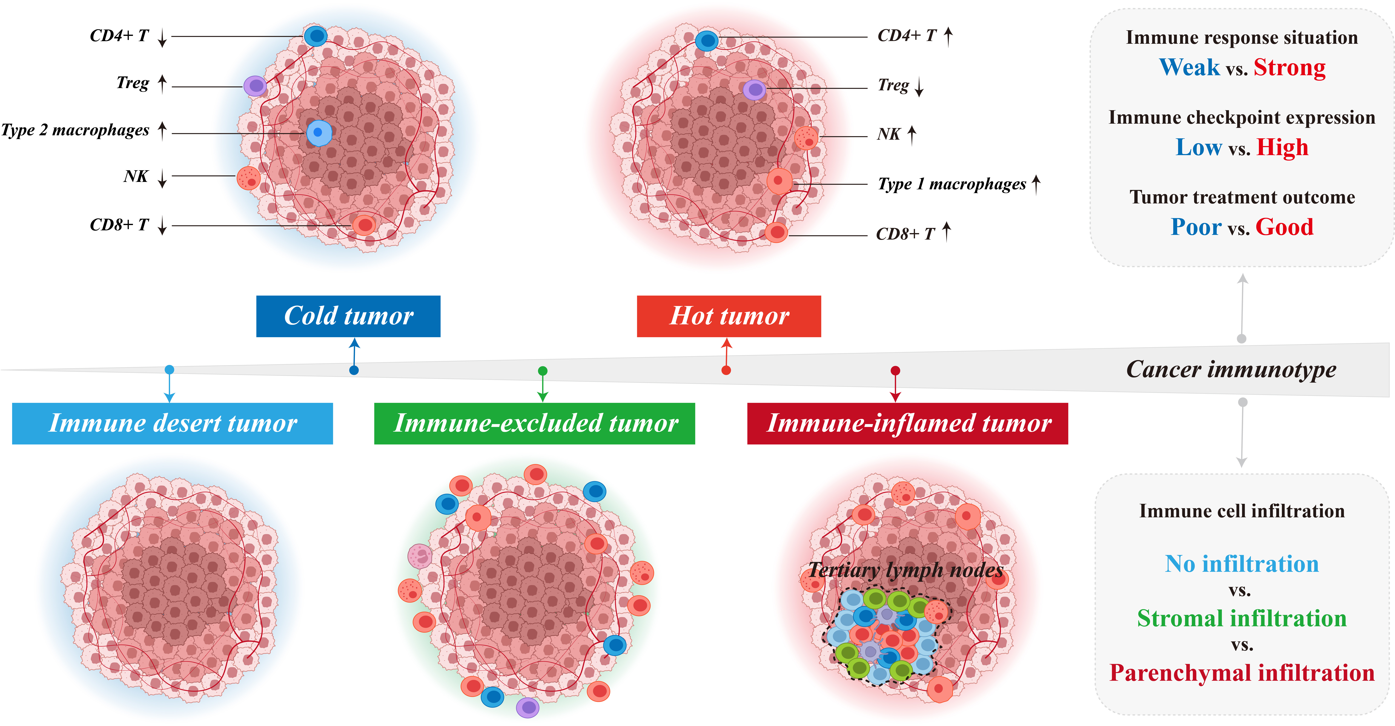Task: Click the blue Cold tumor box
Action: click(348, 316)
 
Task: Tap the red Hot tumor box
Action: click(729, 316)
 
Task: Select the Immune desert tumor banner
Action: click(172, 423)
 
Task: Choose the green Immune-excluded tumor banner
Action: click(535, 423)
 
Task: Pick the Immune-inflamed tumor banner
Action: click(908, 423)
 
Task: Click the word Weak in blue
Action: click(1190, 68)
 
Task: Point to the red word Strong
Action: click(1289, 68)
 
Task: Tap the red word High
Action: click(1282, 147)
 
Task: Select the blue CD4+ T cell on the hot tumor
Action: click(707, 41)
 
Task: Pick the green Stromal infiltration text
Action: click(1242, 618)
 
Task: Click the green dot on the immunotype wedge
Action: click(543, 371)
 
